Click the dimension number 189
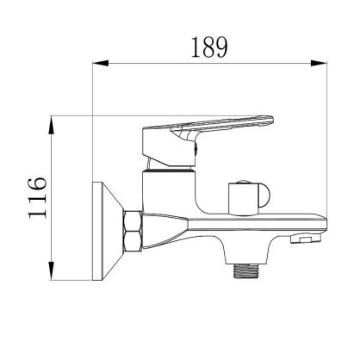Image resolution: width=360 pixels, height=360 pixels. click(x=209, y=47)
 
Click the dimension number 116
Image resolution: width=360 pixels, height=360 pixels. click(x=38, y=197)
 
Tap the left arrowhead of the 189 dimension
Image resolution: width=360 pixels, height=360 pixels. click(x=100, y=63)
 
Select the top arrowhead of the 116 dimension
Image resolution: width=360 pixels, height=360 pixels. click(x=51, y=125)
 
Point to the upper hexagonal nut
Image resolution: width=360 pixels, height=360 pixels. click(x=133, y=221)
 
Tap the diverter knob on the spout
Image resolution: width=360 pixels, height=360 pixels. click(x=244, y=199)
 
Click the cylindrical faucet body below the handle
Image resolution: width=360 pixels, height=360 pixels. click(x=168, y=192)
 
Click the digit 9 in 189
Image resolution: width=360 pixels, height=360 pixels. click(x=221, y=47)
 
